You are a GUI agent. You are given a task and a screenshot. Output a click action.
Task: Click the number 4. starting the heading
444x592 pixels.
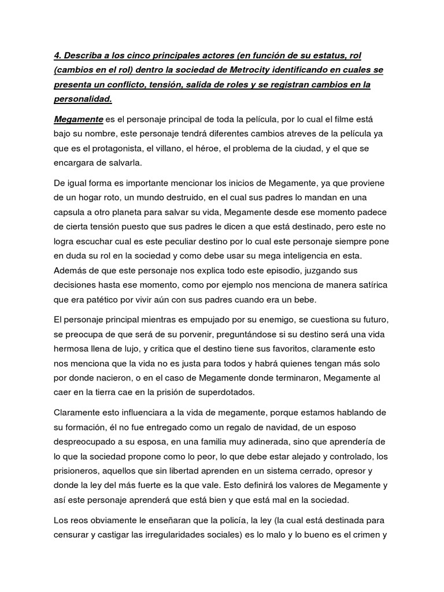click(x=58, y=55)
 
